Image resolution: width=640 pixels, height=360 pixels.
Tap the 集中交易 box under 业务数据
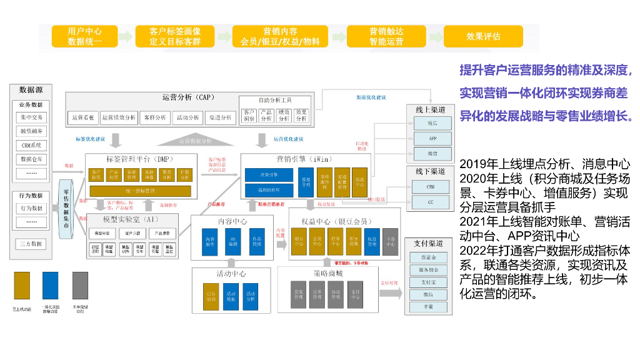point(32,117)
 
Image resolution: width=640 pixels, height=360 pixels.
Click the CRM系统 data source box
point(32,146)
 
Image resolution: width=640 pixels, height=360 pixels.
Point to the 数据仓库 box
point(32,159)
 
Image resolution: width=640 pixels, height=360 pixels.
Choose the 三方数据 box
point(32,244)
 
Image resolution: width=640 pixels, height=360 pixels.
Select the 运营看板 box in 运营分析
point(82,117)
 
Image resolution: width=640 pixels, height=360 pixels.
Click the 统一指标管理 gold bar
point(140,191)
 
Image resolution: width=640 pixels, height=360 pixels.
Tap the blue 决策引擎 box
point(269,175)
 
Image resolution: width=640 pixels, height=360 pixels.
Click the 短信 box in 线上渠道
point(432,124)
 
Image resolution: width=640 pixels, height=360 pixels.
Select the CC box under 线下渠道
point(431,202)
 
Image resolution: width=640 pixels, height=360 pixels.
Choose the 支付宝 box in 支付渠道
point(428,282)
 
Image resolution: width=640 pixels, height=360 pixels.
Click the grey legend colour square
point(80,285)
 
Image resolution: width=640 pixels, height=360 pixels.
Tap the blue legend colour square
point(50,285)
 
